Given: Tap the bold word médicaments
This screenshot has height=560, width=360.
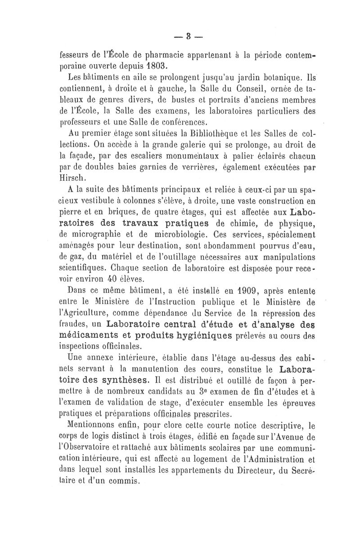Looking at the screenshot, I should click(88, 336).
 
